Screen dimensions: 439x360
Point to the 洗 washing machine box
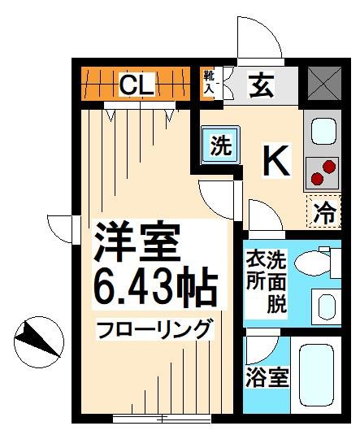coord(220,146)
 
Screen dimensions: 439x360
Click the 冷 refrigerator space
coord(325,214)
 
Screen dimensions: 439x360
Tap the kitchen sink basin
coord(323,129)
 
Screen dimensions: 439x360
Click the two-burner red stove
coord(323,172)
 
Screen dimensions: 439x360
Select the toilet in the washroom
coord(313,262)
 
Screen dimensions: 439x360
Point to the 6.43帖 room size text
coord(155,288)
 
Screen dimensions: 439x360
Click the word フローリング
coord(154,330)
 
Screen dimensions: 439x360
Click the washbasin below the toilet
coord(324,306)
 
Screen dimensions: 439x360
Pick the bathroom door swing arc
coord(261,348)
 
